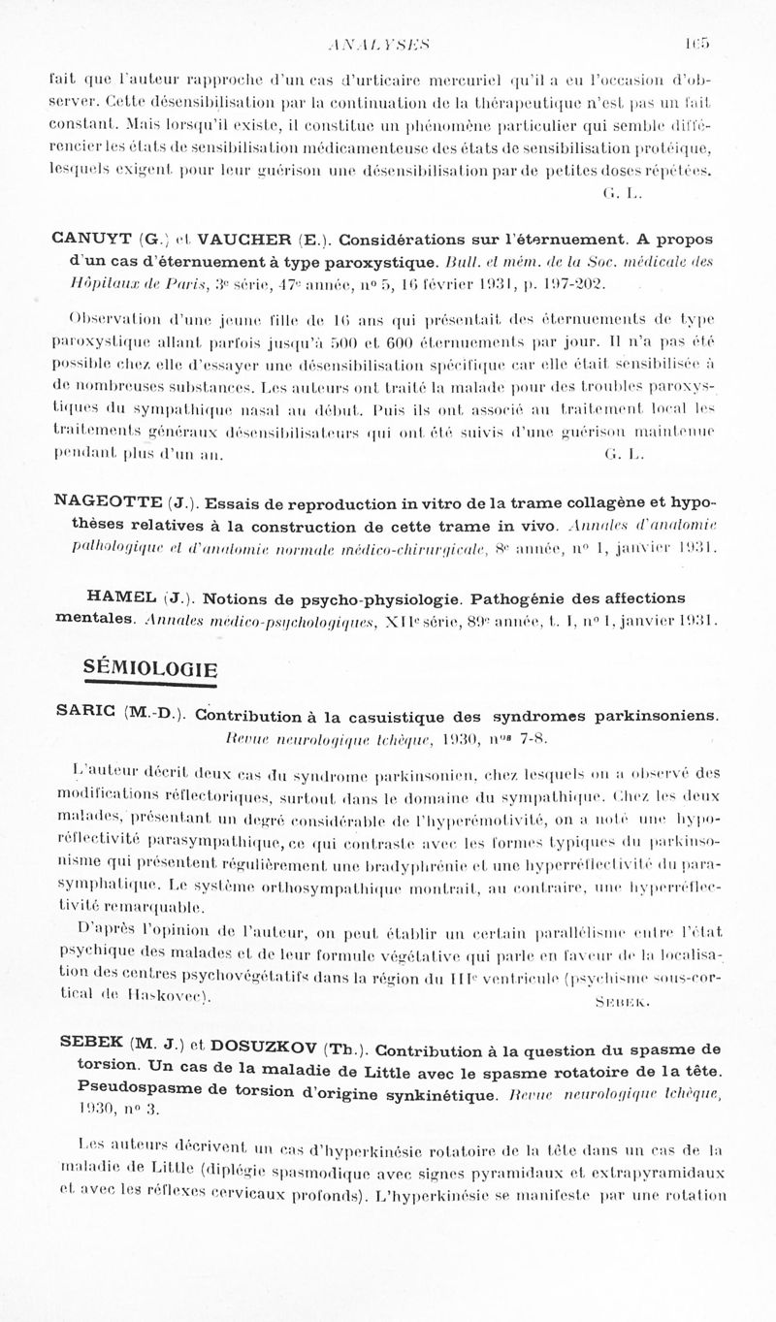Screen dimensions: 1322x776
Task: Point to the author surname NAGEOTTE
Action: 108,502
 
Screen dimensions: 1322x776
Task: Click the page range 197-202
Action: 578,284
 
